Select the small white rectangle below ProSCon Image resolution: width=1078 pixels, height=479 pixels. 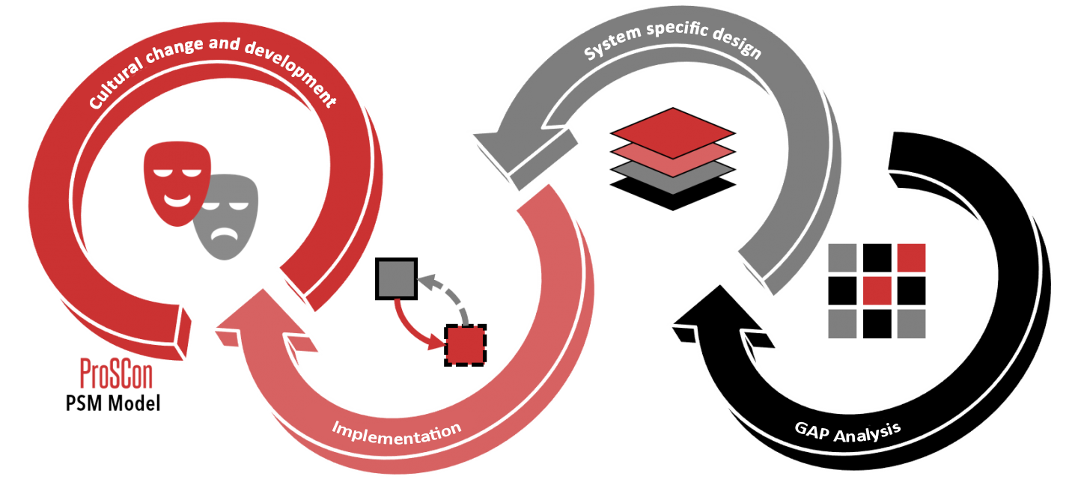(x=173, y=403)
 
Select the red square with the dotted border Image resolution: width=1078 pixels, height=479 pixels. (x=465, y=345)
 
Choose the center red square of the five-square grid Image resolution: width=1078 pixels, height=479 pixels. (x=877, y=291)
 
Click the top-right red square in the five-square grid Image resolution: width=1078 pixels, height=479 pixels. (x=911, y=258)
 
